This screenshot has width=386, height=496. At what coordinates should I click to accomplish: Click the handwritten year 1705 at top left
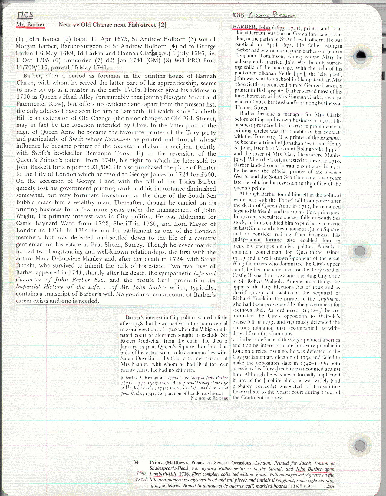[x=25, y=15]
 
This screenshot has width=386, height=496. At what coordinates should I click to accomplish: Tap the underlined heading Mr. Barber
[x=31, y=25]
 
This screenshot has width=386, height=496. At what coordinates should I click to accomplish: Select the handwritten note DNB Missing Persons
[x=265, y=15]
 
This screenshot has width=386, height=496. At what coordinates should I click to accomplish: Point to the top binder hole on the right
[x=360, y=55]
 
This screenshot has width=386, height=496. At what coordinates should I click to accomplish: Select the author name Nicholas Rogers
[x=209, y=398]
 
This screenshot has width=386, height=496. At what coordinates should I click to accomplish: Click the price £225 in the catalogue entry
[x=329, y=486]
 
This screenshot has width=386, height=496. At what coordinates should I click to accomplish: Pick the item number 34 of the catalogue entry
[x=136, y=462]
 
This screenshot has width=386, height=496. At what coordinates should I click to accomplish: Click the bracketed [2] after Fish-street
[x=163, y=25]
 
